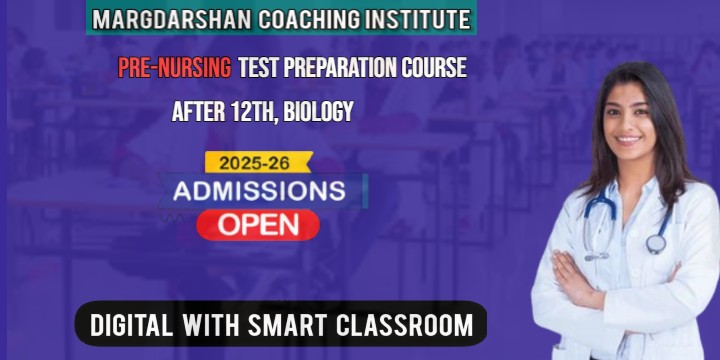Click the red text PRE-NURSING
pos(174,68)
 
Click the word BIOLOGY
pos(318,112)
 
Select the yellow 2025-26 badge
pos(258,162)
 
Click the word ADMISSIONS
pos(259,190)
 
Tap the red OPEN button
pos(258,224)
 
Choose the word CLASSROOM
pos(406,325)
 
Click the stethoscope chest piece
pos(656,243)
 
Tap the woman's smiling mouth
pos(629,140)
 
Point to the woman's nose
pos(629,122)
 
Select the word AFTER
pos(198,112)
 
